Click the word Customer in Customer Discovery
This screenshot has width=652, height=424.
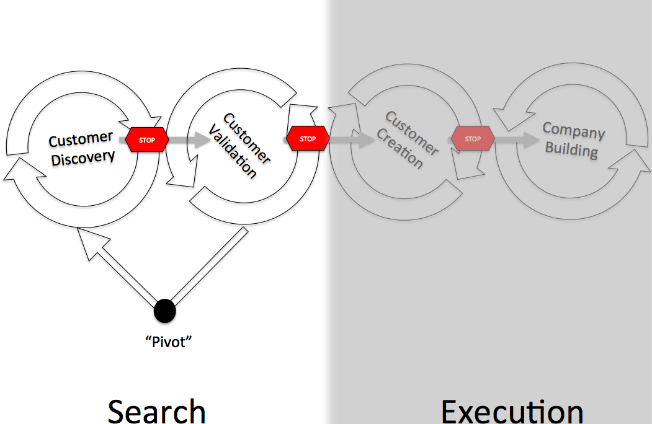pyautogui.click(x=81, y=139)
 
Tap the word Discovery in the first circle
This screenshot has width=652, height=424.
pyautogui.click(x=83, y=156)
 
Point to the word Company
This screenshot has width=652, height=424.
pyautogui.click(x=573, y=130)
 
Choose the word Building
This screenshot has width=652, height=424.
pyautogui.click(x=571, y=149)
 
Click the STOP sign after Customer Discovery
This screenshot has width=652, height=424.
pyautogui.click(x=147, y=140)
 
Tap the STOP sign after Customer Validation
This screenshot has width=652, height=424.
pyautogui.click(x=308, y=139)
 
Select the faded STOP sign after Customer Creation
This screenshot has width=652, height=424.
pyautogui.click(x=473, y=139)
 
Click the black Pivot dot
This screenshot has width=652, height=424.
pyautogui.click(x=164, y=310)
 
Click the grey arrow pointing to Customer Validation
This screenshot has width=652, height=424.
pyautogui.click(x=190, y=140)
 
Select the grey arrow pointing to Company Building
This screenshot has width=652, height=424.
pyautogui.click(x=517, y=140)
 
